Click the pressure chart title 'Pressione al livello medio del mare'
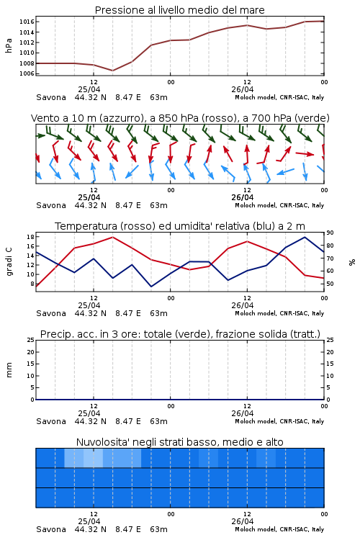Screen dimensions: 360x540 180,10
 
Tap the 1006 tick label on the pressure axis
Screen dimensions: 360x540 27,73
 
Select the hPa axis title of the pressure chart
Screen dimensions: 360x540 9,45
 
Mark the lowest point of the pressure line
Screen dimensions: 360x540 112,71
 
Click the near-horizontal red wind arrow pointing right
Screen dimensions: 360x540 305,153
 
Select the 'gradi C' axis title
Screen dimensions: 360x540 9,261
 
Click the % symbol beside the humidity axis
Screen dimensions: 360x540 352,262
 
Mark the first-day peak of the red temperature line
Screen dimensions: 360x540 112,237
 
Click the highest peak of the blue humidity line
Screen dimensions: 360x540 305,237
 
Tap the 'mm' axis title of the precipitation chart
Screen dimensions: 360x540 9,370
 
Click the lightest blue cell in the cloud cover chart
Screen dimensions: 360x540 93,458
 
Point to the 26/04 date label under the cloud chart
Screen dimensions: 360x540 243,521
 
